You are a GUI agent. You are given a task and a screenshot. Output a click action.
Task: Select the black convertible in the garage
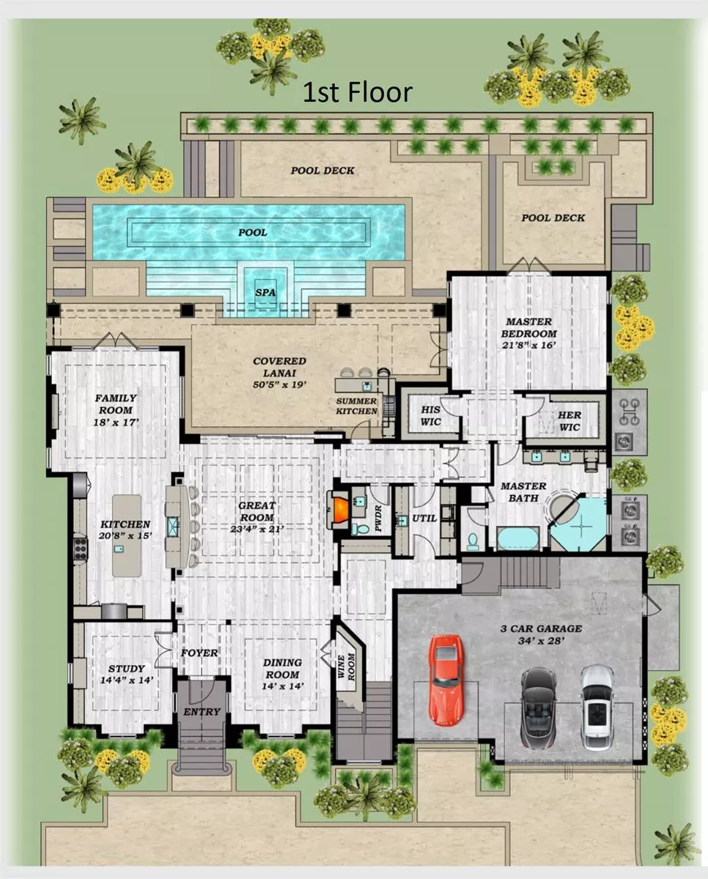coord(539,708)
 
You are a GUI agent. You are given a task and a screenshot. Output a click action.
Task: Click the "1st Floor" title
coord(358,92)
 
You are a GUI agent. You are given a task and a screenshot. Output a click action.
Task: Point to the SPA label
coord(265,292)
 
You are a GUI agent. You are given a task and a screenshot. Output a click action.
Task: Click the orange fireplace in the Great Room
coord(340,509)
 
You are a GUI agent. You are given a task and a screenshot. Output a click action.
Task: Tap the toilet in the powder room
coord(360,530)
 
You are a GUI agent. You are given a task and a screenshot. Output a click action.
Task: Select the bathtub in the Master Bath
coord(518,538)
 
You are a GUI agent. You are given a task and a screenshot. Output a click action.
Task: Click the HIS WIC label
coord(431,415)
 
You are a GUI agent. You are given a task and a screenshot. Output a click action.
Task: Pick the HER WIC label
coord(569,420)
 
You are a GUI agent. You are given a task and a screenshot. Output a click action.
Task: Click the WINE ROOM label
coord(346,667)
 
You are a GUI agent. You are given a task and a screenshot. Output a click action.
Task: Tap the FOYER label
coord(199,653)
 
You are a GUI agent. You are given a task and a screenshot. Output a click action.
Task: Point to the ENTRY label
coord(202,711)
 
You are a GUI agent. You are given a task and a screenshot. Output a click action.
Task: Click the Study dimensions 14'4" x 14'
coord(127,680)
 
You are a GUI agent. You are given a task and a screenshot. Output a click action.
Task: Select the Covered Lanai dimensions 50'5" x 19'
coord(279,385)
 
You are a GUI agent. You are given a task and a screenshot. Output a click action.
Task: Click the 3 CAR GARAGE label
coord(541,628)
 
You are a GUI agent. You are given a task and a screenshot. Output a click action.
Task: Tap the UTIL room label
coord(424,519)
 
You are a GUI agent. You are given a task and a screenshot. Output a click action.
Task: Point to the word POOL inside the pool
coord(253,232)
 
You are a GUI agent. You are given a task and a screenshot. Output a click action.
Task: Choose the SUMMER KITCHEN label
coord(356,406)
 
